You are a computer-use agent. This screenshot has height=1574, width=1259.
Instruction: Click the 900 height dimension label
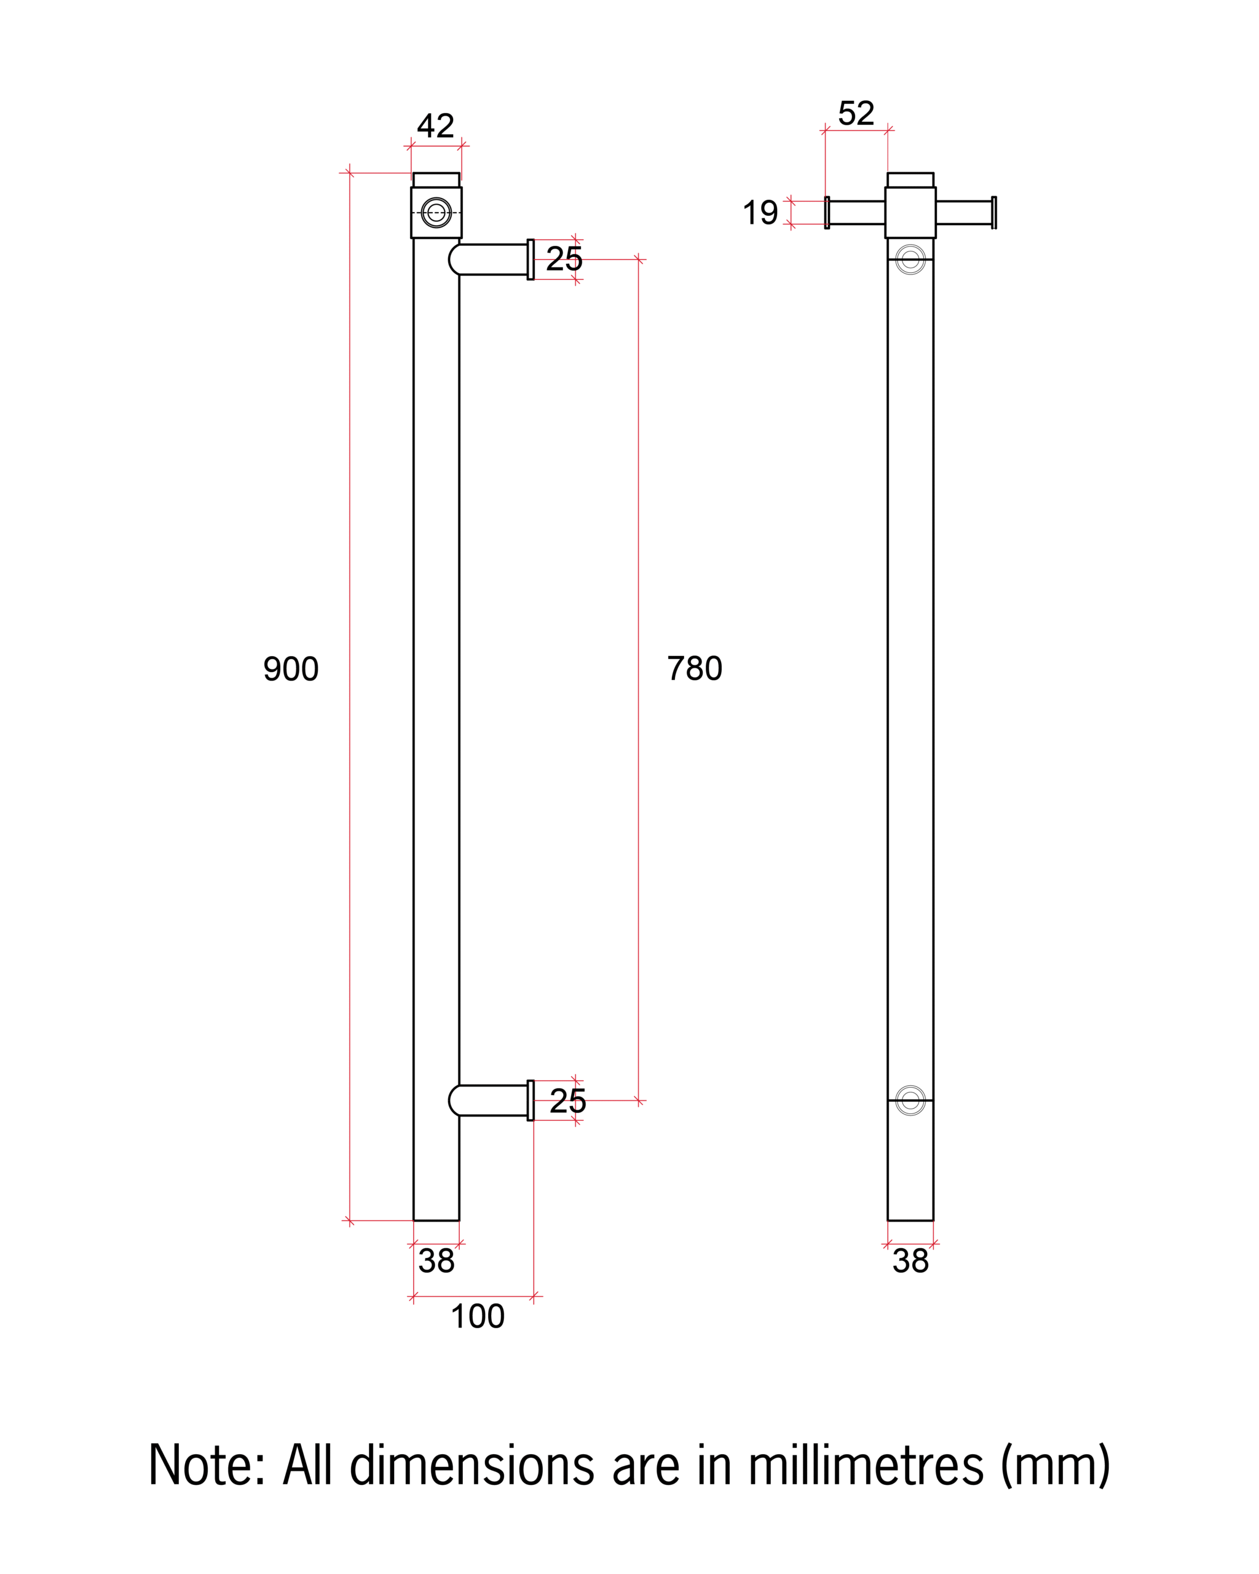(x=291, y=669)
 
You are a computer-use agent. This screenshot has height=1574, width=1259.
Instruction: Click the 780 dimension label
(x=694, y=668)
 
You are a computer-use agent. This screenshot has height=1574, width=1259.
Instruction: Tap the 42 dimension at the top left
(x=435, y=126)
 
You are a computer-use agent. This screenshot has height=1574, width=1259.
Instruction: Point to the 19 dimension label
(x=760, y=213)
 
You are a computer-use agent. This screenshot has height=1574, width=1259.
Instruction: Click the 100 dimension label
(x=477, y=1316)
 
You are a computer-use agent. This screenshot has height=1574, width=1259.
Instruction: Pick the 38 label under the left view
(x=436, y=1261)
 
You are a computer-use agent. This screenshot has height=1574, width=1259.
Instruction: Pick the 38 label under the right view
(x=910, y=1261)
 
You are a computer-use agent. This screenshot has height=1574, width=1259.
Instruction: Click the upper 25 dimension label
(x=564, y=259)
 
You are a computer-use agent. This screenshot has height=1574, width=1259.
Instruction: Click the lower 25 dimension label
(x=567, y=1101)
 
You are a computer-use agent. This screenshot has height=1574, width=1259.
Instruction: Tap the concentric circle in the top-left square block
(x=436, y=213)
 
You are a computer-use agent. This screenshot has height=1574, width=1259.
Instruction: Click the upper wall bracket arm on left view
(x=491, y=259)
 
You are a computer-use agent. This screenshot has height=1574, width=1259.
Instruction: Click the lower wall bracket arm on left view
(x=491, y=1100)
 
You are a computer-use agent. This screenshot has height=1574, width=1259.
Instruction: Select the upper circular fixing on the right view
(x=910, y=259)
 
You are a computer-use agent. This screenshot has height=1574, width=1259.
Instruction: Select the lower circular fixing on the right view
(x=910, y=1100)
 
